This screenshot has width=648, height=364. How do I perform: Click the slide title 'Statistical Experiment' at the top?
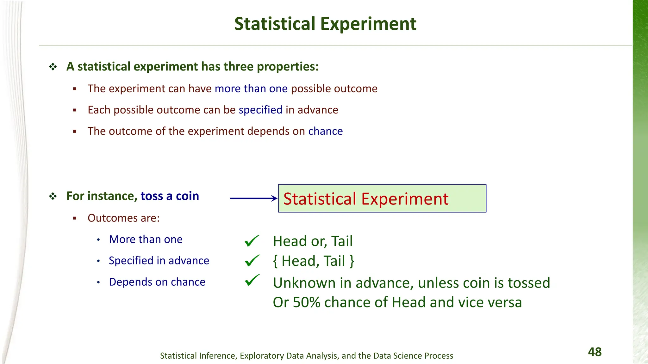click(x=325, y=24)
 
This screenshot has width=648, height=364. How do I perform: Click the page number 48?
click(x=595, y=352)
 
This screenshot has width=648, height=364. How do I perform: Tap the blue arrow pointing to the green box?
click(x=253, y=198)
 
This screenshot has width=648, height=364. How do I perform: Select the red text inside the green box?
click(x=366, y=199)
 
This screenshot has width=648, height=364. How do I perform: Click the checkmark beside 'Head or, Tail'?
click(x=252, y=241)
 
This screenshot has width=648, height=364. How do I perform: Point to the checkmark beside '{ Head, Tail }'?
click(x=252, y=261)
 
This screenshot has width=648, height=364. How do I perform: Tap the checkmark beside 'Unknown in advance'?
click(x=252, y=280)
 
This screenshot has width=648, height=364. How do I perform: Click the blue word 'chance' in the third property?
click(x=325, y=131)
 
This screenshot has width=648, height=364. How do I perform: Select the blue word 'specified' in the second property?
click(x=260, y=110)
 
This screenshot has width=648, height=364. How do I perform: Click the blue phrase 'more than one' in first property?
click(x=251, y=89)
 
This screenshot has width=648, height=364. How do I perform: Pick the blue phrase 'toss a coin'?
click(x=170, y=196)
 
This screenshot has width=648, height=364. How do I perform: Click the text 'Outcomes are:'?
click(x=123, y=218)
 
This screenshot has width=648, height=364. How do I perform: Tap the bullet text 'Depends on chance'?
click(x=157, y=282)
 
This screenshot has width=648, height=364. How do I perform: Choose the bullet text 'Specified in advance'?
click(x=159, y=261)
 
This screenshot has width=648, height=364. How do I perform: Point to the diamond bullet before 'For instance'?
click(x=53, y=196)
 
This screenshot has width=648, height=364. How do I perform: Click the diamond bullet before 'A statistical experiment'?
click(x=53, y=67)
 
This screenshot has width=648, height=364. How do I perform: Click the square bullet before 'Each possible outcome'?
click(x=75, y=110)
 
